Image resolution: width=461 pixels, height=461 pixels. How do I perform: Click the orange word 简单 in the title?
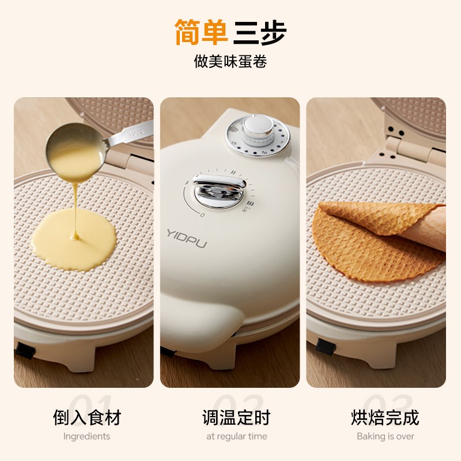[x=202, y=33]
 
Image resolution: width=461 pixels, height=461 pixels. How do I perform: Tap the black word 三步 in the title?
[x=260, y=33]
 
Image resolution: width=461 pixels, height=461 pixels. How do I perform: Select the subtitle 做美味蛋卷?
[x=231, y=62]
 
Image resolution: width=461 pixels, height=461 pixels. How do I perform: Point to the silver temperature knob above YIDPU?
[x=218, y=191]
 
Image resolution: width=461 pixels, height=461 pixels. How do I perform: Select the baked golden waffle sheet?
[x=369, y=242]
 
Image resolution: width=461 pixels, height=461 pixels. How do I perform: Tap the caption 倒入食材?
[x=86, y=417]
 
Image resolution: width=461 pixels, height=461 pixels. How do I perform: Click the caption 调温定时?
[x=236, y=417]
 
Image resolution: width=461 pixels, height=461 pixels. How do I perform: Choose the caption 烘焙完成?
[x=385, y=417]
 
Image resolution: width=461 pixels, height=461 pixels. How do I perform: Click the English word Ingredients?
[x=86, y=436]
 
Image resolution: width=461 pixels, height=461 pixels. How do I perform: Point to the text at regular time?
[x=236, y=436]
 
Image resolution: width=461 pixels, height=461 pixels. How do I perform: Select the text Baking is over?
[x=385, y=436]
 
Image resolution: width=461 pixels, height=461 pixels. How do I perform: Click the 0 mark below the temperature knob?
[x=202, y=214]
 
